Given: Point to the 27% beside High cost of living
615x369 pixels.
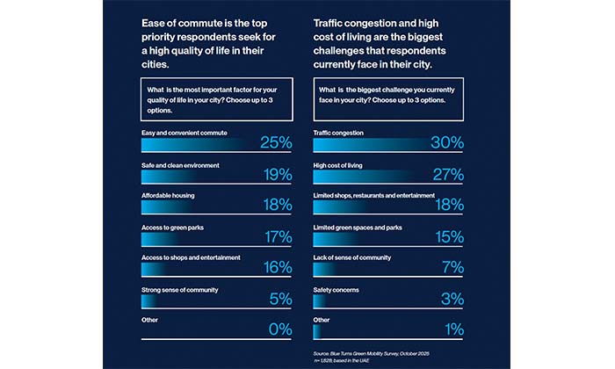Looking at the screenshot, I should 447,175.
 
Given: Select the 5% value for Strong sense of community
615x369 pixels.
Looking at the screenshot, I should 280,300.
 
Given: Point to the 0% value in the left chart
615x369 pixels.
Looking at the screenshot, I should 280,330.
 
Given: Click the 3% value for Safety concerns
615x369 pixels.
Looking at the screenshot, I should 452,300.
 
